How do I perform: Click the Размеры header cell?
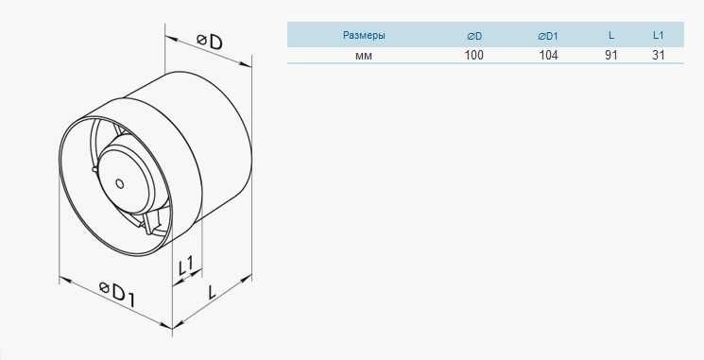[364, 35]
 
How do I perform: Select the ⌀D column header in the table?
[474, 36]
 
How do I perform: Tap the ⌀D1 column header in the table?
[547, 36]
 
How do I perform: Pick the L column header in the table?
[611, 36]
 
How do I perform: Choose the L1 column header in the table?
[658, 36]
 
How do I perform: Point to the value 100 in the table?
[474, 55]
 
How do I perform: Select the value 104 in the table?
[549, 55]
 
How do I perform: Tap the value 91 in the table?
[611, 55]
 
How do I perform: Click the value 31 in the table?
[658, 55]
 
